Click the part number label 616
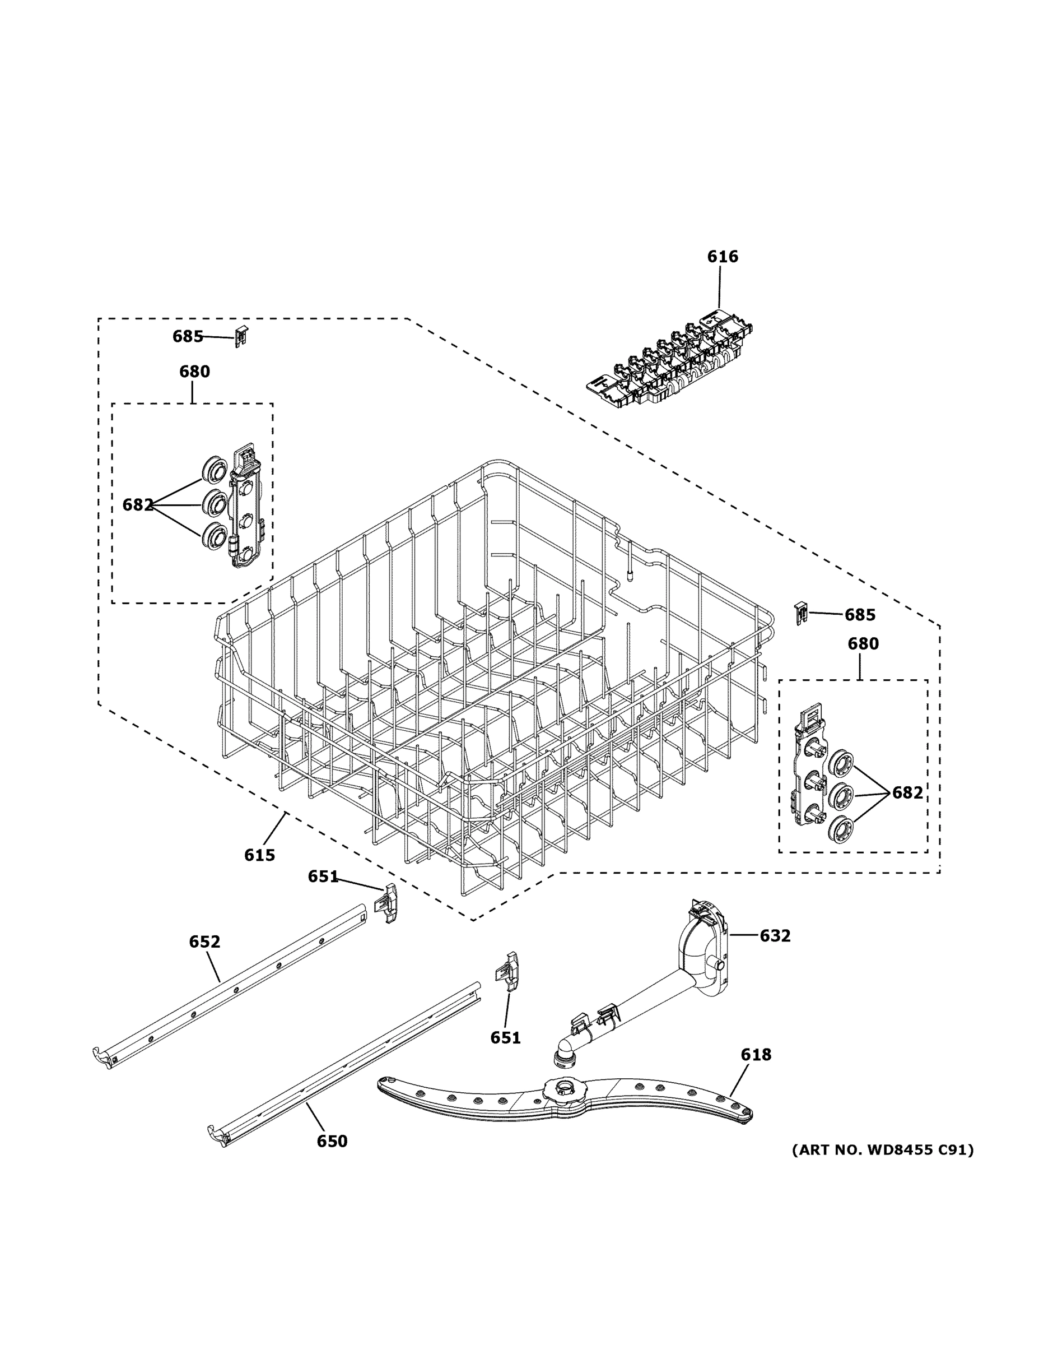(722, 257)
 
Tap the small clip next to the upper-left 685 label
(241, 337)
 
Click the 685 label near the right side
(860, 615)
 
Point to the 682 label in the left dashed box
(138, 505)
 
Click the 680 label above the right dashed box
(863, 643)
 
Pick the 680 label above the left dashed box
(194, 372)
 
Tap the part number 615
(259, 855)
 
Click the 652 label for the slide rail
(204, 941)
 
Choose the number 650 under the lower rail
(332, 1141)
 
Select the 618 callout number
(756, 1055)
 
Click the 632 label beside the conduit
(775, 935)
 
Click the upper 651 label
(323, 876)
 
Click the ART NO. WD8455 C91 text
(883, 1150)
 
